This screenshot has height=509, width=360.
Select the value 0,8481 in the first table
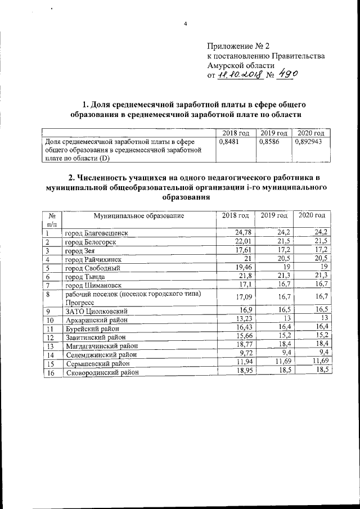click(227, 142)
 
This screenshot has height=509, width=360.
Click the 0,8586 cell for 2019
click(268, 142)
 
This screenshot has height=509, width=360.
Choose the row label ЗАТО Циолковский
click(97, 310)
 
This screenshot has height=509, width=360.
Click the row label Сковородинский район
click(101, 372)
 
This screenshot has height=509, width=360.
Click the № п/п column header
click(52, 219)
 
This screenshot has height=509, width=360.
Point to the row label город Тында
click(88, 277)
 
